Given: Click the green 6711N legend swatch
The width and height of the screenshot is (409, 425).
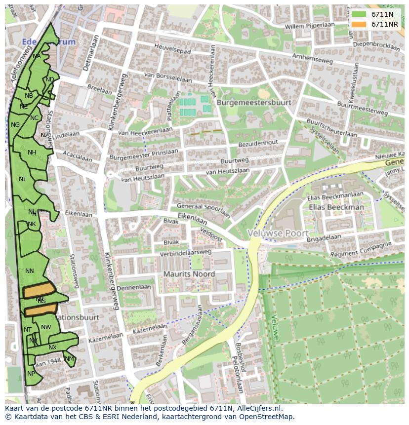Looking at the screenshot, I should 359,15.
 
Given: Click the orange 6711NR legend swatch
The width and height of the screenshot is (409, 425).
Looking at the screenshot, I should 359,24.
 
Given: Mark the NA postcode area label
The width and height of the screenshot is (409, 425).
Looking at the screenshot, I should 37,56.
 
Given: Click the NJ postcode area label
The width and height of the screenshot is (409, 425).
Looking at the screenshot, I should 22,179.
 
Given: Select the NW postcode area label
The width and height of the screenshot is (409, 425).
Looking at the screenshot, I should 46,327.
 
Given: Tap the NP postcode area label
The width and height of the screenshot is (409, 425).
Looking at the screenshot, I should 31,374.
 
